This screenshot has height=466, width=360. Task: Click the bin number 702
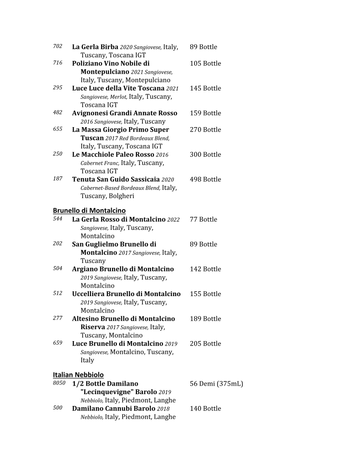pyautogui.click(x=57, y=46)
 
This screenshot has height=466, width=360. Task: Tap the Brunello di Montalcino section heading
pyautogui.click(x=89, y=210)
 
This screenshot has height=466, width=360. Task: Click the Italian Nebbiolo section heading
pyautogui.click(x=78, y=375)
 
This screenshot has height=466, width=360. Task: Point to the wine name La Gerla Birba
pyautogui.click(x=95, y=47)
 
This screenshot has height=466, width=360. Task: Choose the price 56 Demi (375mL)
pyautogui.click(x=216, y=383)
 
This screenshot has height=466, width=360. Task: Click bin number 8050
pyautogui.click(x=59, y=383)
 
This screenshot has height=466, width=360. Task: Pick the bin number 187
pyautogui.click(x=57, y=178)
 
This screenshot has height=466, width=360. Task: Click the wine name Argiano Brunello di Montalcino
pyautogui.click(x=123, y=269)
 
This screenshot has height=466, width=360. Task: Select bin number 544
pyautogui.click(x=57, y=218)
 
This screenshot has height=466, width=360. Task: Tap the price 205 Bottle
pyautogui.click(x=205, y=343)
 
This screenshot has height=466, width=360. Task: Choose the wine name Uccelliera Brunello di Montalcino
pyautogui.click(x=126, y=294)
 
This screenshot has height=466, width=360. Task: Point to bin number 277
pyautogui.click(x=57, y=318)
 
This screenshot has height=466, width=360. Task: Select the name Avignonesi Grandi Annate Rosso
pyautogui.click(x=124, y=113)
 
